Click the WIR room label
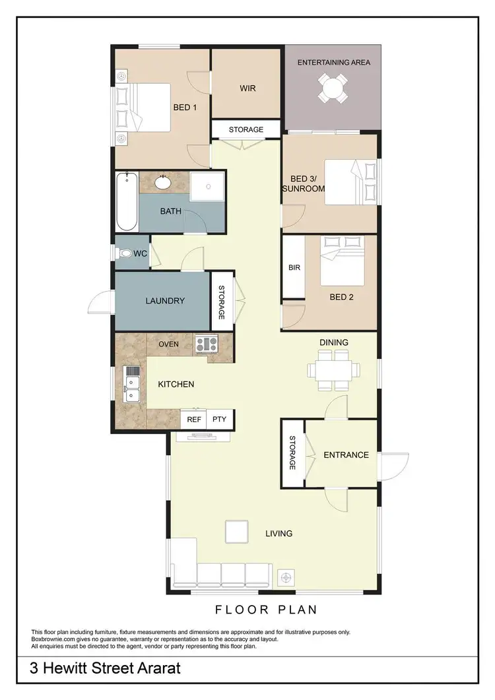[x=247, y=88]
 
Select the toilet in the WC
[x=125, y=253]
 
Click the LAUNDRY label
[x=165, y=301]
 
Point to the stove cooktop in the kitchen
[x=206, y=343]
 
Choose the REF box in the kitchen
[x=194, y=419]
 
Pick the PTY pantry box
[x=217, y=419]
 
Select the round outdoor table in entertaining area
[x=333, y=86]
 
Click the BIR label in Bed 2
[x=294, y=269]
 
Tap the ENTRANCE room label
[x=346, y=455]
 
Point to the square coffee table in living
[x=236, y=531]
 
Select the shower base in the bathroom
[x=207, y=185]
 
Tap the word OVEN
[x=168, y=344]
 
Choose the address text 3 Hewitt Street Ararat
[x=105, y=669]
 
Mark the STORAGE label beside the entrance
[x=293, y=453]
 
